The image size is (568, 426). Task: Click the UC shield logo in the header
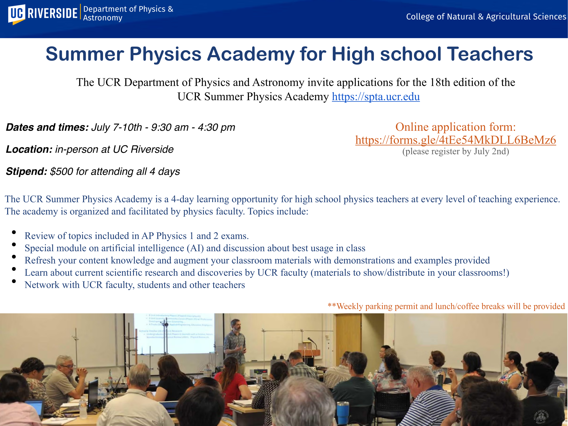pyautogui.click(x=17, y=14)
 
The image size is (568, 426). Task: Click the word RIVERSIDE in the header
pyautogui.click(x=52, y=13)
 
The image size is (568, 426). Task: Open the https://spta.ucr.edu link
pyautogui.click(x=376, y=97)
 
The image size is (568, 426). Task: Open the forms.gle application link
pyautogui.click(x=455, y=140)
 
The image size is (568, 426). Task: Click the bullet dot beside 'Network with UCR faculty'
pyautogui.click(x=14, y=281)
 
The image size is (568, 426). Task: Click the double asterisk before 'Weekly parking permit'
pyautogui.click(x=332, y=306)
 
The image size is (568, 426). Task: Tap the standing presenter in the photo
pyautogui.click(x=235, y=343)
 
